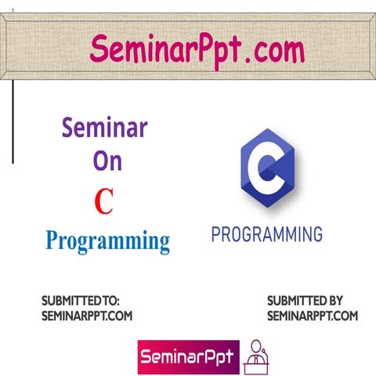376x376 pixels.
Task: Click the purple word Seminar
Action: point(104,128)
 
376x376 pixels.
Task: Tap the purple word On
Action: point(107,162)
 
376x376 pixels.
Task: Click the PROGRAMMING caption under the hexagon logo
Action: point(267,234)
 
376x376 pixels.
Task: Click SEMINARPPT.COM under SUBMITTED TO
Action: point(86,316)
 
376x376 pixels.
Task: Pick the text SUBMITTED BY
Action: point(305,301)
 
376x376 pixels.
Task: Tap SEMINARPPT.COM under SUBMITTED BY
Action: point(312,316)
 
